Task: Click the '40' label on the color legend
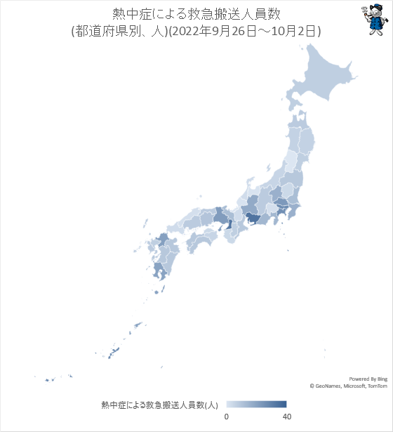tap(286, 417)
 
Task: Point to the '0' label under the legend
tap(226, 417)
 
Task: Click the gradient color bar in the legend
tap(256, 404)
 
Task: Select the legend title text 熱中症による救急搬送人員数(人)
tap(160, 405)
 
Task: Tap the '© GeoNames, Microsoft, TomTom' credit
tap(348, 386)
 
